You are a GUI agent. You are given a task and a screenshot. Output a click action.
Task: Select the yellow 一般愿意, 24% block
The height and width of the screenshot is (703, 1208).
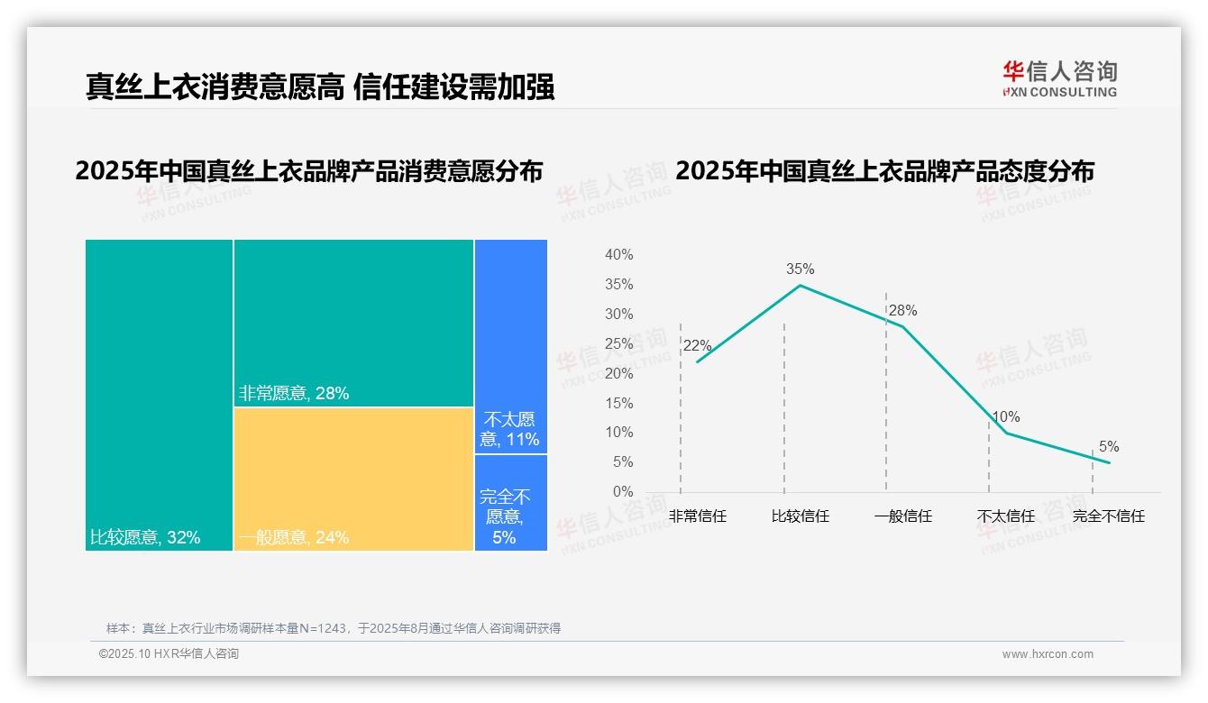tap(353, 479)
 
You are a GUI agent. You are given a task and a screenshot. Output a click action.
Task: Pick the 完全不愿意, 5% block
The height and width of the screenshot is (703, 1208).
tap(510, 502)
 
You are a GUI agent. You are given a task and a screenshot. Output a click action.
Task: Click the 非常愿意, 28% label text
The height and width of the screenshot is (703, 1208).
tap(293, 393)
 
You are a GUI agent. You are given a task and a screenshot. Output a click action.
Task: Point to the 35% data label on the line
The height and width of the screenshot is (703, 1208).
tap(800, 269)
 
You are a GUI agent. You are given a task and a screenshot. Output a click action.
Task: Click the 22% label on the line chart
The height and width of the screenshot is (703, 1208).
tap(697, 345)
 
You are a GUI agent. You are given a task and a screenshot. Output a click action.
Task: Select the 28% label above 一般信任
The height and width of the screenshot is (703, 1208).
tap(902, 310)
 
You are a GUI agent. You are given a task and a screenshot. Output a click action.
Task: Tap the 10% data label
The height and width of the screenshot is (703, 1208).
tap(1005, 416)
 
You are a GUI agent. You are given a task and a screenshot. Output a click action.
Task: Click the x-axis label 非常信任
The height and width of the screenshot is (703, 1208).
tap(697, 516)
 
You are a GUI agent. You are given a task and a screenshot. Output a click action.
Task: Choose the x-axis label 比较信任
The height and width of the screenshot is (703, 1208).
tap(800, 516)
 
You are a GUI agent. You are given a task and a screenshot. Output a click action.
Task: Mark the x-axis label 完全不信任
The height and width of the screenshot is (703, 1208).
tap(1108, 516)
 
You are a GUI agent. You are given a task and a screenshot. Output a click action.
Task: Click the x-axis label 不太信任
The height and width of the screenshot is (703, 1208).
tap(1005, 516)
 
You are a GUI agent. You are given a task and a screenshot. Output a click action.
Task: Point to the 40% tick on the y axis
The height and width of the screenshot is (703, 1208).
tap(618, 255)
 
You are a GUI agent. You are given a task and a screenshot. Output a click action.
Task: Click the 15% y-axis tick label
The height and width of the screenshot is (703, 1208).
tap(618, 403)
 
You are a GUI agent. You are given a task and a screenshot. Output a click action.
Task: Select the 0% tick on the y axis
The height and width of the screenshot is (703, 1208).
tap(622, 492)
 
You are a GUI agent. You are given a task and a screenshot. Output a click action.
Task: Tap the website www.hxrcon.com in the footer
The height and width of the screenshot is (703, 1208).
tap(1048, 654)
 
